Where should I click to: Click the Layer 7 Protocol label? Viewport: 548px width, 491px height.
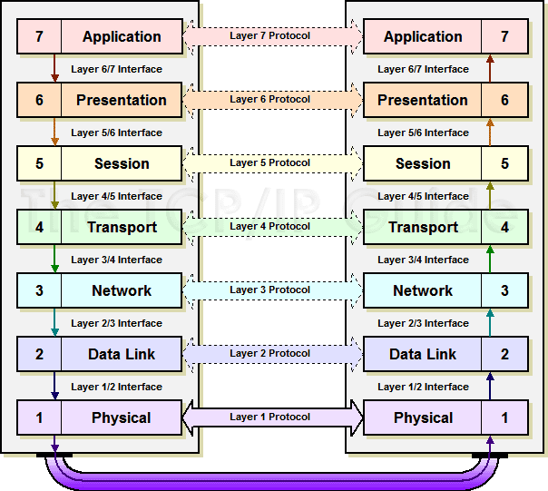[269, 35]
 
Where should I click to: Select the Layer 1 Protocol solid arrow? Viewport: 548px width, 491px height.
[273, 417]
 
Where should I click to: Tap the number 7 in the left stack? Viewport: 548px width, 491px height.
[39, 36]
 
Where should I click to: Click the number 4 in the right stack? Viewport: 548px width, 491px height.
[504, 227]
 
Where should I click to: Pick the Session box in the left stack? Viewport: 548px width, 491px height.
[100, 163]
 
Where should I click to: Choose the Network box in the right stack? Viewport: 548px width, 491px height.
[445, 290]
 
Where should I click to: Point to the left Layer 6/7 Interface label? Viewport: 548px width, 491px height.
[116, 69]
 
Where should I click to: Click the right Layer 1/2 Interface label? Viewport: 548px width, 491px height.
[423, 387]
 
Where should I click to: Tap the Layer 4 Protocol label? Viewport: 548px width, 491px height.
[269, 226]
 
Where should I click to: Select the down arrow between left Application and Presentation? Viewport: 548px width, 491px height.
[54, 68]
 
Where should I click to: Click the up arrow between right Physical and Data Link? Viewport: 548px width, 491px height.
[490, 386]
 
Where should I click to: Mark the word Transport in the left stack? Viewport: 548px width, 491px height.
[122, 228]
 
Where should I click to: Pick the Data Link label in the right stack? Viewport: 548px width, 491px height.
[423, 354]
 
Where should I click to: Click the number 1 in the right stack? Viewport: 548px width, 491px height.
[504, 417]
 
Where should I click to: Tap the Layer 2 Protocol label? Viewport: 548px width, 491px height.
[269, 353]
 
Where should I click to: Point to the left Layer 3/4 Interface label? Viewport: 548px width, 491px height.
[116, 260]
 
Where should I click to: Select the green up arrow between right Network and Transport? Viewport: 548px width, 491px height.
[490, 260]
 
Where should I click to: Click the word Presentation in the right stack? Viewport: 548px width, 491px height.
[423, 101]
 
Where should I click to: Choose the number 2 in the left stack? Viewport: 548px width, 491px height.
[39, 354]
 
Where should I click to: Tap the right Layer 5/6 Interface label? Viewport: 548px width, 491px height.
[423, 133]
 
